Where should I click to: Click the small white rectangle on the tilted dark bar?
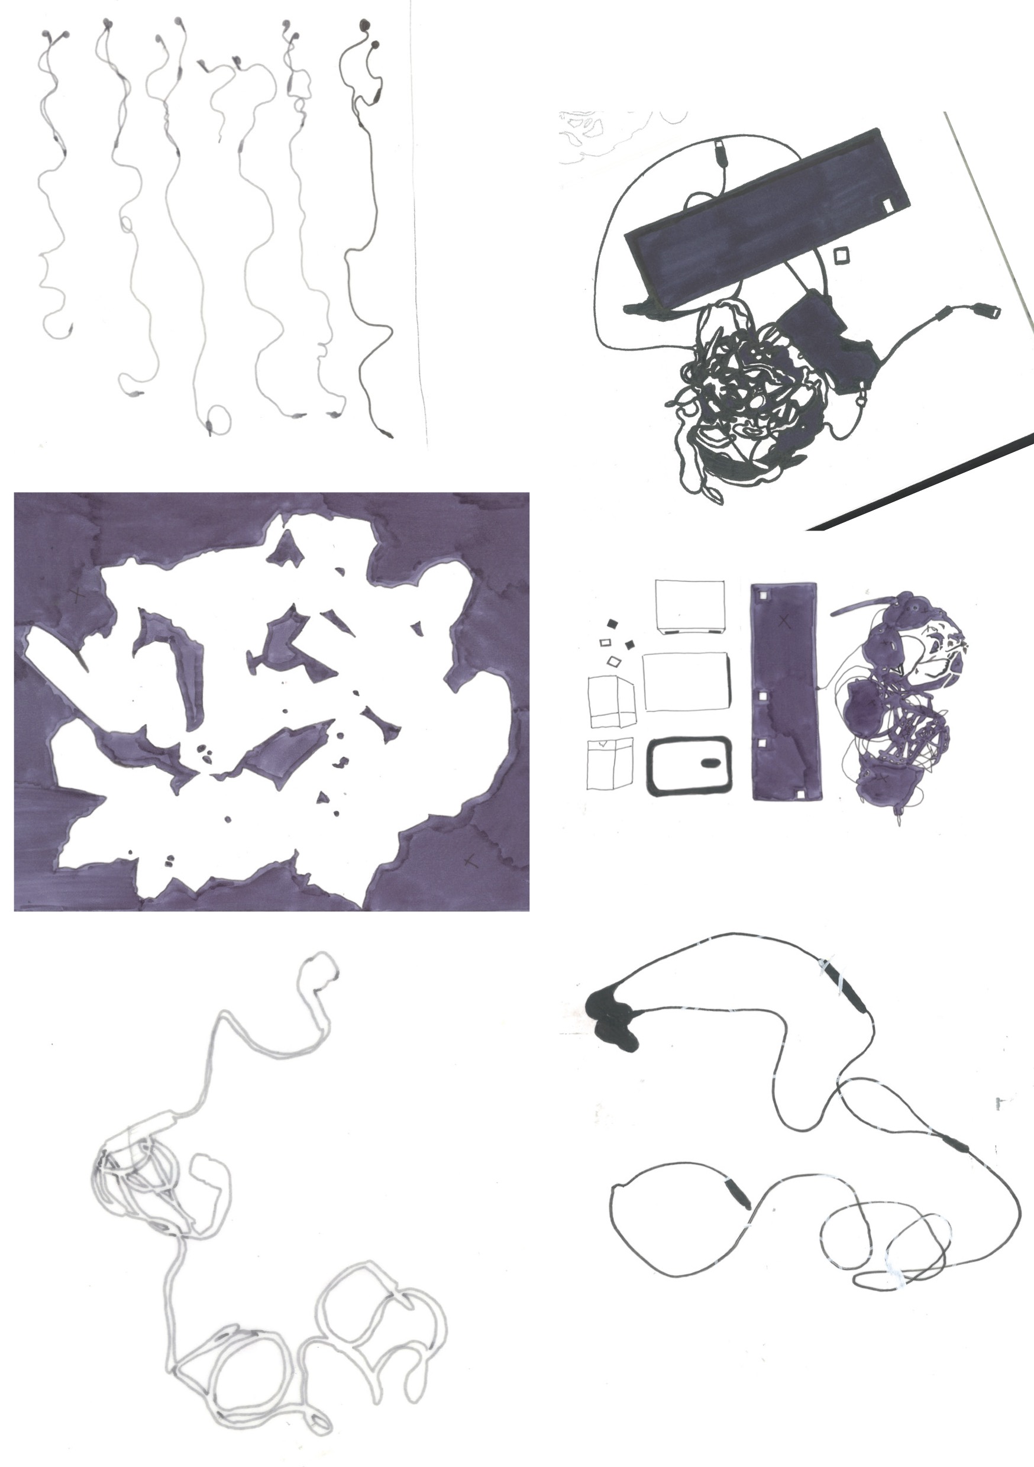(x=888, y=205)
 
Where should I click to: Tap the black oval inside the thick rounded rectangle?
(x=710, y=763)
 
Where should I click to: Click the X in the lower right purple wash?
(x=471, y=860)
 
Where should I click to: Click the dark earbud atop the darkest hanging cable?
(x=365, y=26)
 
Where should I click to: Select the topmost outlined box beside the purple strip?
(x=690, y=606)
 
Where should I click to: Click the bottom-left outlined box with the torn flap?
(x=610, y=764)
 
